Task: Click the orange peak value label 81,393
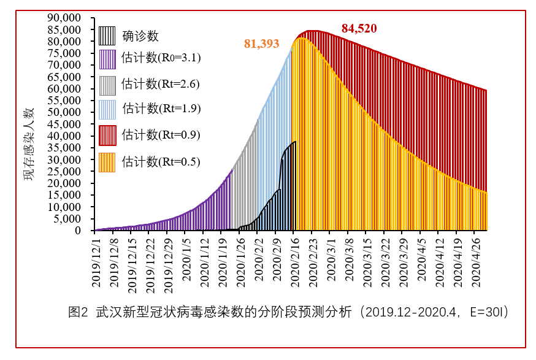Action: pos(262,44)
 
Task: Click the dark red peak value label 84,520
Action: pos(359,28)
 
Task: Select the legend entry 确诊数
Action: pos(140,36)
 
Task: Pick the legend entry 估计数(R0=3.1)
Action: pos(161,58)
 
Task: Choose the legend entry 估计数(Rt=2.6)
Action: pos(160,83)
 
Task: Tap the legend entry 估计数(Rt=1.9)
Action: pos(160,109)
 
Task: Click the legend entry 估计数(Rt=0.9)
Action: pos(160,134)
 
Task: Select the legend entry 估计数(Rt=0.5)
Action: pos(160,162)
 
